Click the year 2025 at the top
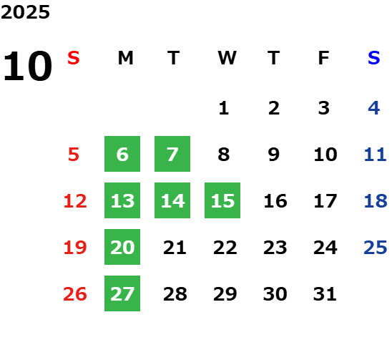point(25,12)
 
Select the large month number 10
point(27,66)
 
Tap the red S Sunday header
point(74,58)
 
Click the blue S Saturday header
point(374,58)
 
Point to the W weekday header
point(227,58)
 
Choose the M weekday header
point(125,58)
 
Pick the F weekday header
point(324,58)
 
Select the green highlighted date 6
point(122,154)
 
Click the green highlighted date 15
point(222,200)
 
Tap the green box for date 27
point(122,293)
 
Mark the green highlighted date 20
point(122,247)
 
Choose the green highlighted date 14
point(172,200)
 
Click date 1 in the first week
point(223,108)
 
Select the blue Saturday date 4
point(374,108)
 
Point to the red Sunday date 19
point(75,248)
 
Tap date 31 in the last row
point(325,294)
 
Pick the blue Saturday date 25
point(376,248)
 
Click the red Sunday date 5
point(74,155)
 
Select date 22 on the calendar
point(225,248)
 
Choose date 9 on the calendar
point(274,155)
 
